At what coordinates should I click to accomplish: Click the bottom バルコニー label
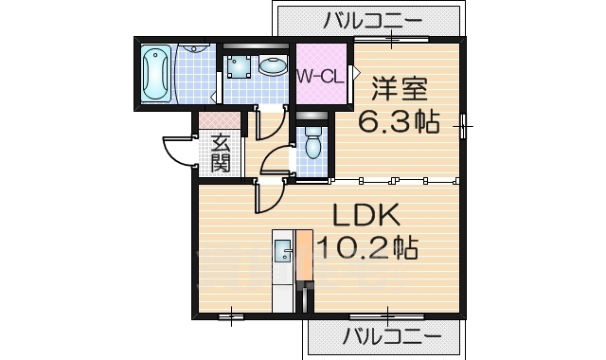(391, 335)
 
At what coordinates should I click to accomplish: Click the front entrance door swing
(177, 152)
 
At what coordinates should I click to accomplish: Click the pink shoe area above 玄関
(218, 120)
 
